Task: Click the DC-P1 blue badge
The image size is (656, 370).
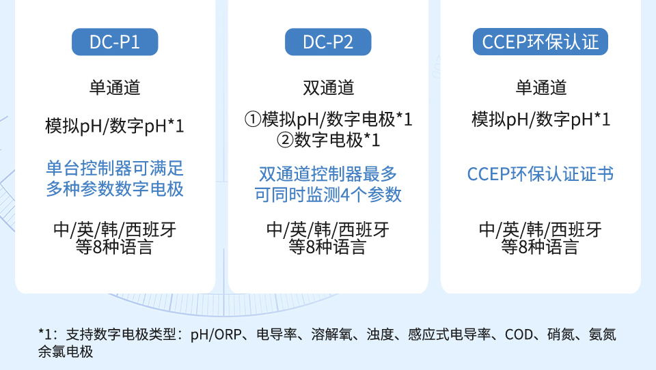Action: click(115, 42)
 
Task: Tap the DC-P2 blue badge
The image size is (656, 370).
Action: click(328, 42)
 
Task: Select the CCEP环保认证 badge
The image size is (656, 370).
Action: click(541, 42)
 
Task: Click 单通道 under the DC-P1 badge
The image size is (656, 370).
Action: click(115, 88)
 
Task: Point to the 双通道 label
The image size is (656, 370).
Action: click(329, 88)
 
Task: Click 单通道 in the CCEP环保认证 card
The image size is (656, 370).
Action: click(541, 88)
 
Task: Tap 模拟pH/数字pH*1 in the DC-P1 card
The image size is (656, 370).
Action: click(115, 126)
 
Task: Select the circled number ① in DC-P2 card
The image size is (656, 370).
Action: click(253, 119)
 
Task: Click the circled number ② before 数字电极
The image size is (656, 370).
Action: click(285, 140)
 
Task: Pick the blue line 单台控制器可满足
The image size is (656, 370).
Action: click(115, 169)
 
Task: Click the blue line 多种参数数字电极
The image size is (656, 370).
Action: click(115, 189)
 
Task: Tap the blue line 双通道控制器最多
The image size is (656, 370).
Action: click(328, 174)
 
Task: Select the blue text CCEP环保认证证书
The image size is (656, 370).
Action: click(541, 174)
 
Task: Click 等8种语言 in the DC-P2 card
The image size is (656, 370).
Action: click(327, 247)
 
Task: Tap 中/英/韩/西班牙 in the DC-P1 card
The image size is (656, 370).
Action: click(115, 229)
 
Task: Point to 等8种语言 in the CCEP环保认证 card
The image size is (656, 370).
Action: click(540, 247)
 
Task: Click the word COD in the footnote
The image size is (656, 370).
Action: click(519, 335)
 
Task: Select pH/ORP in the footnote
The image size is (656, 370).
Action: click(216, 335)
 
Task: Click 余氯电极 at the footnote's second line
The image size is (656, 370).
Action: click(66, 352)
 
